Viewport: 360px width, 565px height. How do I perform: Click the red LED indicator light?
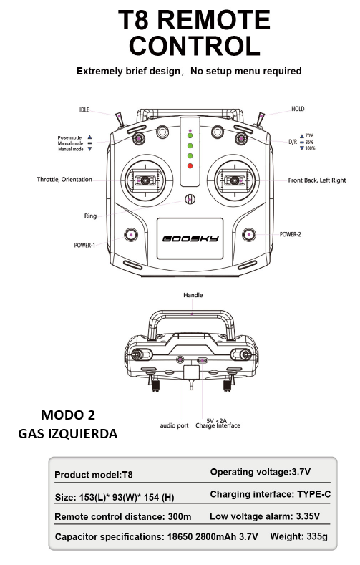[x=190, y=166]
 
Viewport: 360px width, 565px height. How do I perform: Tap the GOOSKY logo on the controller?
[x=190, y=238]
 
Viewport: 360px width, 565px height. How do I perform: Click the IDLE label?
[x=84, y=110]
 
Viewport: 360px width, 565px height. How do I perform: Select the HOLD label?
[x=298, y=109]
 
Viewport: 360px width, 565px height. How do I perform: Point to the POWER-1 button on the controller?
[x=131, y=235]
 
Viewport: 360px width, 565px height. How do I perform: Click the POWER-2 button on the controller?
[x=249, y=235]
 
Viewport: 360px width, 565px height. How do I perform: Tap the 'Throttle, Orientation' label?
[x=64, y=180]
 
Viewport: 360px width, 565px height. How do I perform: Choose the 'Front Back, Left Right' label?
[x=317, y=180]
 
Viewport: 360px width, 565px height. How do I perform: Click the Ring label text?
[x=90, y=216]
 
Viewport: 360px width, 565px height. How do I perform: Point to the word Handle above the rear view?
[x=193, y=295]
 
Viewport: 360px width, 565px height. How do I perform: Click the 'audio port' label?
[x=174, y=425]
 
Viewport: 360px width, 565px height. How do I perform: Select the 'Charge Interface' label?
[x=218, y=425]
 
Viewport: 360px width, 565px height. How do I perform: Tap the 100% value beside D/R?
[x=310, y=148]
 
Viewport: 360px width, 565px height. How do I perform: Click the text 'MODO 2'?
[x=68, y=415]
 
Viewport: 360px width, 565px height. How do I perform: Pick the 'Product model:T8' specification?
[x=94, y=475]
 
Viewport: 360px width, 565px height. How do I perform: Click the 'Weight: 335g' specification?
[x=298, y=536]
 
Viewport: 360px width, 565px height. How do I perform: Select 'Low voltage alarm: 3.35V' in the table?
[x=265, y=516]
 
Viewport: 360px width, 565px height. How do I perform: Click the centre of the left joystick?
[x=145, y=180]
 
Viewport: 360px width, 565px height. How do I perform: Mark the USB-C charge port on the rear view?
[x=203, y=360]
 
